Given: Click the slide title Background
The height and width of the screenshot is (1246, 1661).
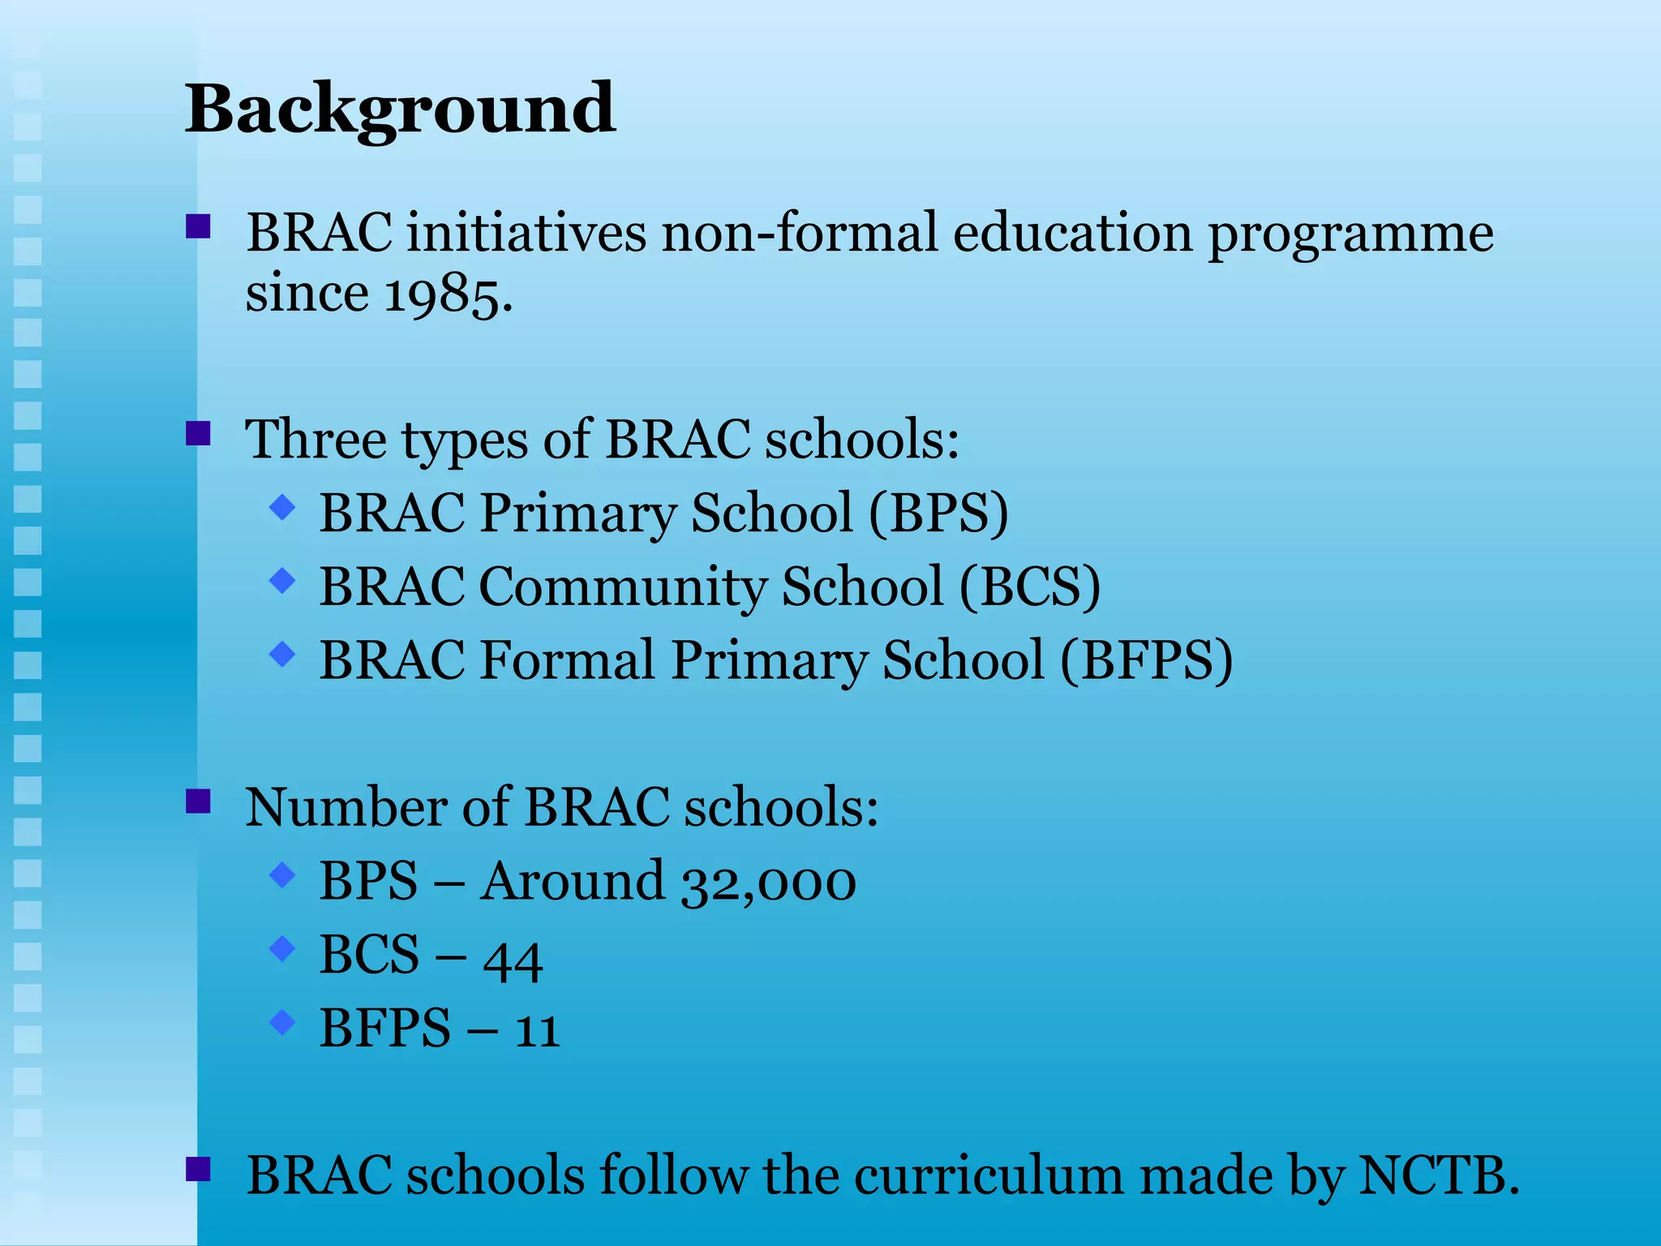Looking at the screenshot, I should pyautogui.click(x=400, y=110).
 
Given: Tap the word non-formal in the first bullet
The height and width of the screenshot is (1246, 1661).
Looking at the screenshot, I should pyautogui.click(x=799, y=233).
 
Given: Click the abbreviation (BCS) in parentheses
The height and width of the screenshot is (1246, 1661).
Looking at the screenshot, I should pyautogui.click(x=1030, y=586).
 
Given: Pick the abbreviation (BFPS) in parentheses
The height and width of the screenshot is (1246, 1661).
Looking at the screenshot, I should pyautogui.click(x=1146, y=660).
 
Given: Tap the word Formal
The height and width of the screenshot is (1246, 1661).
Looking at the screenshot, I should pyautogui.click(x=566, y=660).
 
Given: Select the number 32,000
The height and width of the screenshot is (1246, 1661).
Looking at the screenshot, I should pyautogui.click(x=768, y=881).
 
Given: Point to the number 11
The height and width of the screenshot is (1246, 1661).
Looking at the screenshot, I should pyautogui.click(x=537, y=1029).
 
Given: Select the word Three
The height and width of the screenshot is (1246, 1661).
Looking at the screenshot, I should pyautogui.click(x=316, y=439).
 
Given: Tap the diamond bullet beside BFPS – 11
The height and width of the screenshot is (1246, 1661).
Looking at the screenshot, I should pyautogui.click(x=282, y=1021).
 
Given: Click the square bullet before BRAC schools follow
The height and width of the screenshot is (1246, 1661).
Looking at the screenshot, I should pyautogui.click(x=198, y=1169).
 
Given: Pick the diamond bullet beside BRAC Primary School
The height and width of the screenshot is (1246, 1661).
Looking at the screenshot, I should pyautogui.click(x=282, y=507).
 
